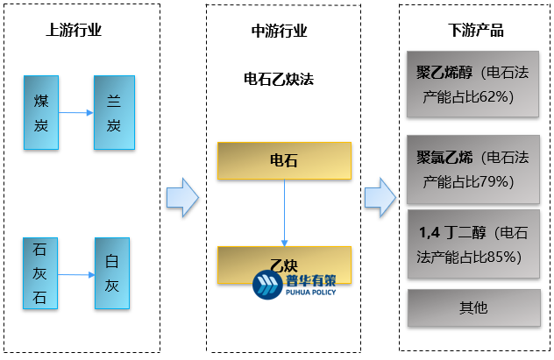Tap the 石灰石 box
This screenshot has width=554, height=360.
(x=40, y=272)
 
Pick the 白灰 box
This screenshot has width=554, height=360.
(x=112, y=272)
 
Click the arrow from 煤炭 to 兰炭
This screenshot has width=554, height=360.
(x=77, y=112)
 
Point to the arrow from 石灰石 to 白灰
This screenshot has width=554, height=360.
(x=76, y=274)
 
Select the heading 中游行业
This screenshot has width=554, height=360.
(x=279, y=31)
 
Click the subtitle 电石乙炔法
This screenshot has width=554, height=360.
(x=279, y=78)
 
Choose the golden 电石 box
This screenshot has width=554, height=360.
(x=284, y=161)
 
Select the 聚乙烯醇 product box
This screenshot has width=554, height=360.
(x=473, y=85)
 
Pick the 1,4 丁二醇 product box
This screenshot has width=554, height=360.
(x=473, y=245)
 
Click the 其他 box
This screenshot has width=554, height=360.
(x=473, y=307)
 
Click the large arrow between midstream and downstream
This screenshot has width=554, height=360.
(x=379, y=198)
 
